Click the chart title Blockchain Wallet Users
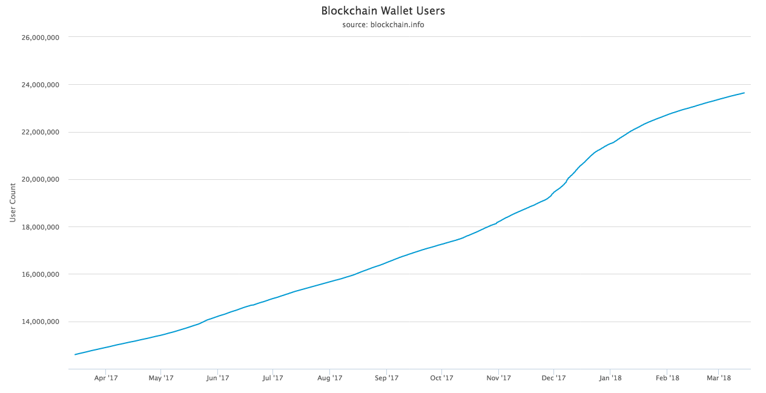pyautogui.click(x=383, y=11)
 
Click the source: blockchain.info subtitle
pyautogui.click(x=383, y=25)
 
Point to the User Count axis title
pyautogui.click(x=13, y=202)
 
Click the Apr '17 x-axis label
pyautogui.click(x=105, y=378)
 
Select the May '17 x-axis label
pyautogui.click(x=160, y=378)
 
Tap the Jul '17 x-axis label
pyautogui.click(x=272, y=378)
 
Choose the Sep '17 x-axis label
pyautogui.click(x=386, y=378)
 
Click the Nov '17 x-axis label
pyautogui.click(x=498, y=378)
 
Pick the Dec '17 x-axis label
pyautogui.click(x=553, y=378)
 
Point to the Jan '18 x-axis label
pyautogui.click(x=610, y=378)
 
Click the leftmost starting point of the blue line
pyautogui.click(x=74, y=354)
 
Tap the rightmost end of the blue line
pyautogui.click(x=744, y=93)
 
